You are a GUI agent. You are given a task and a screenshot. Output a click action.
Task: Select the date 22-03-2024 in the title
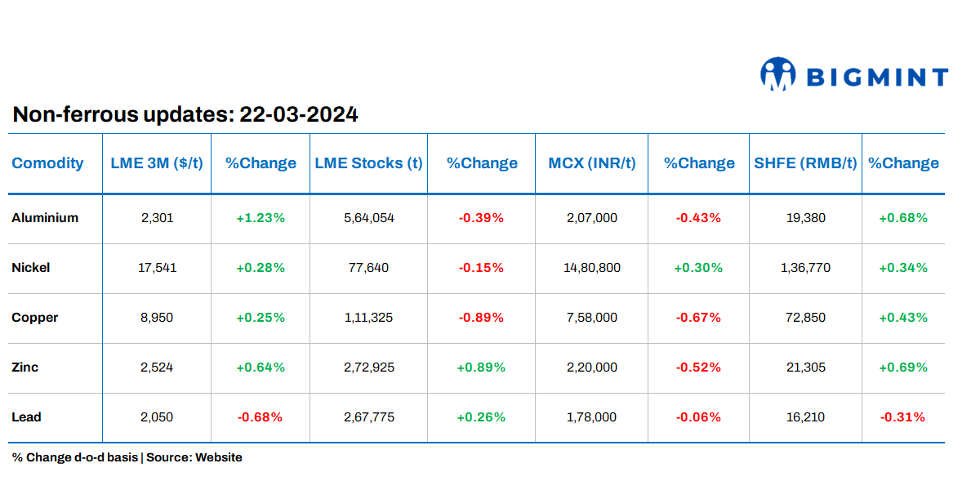point(298,115)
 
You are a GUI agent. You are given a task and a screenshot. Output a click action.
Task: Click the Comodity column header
point(47,163)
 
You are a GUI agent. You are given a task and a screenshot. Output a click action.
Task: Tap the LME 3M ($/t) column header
point(157,163)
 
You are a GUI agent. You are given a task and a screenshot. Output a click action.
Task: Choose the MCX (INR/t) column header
point(591,163)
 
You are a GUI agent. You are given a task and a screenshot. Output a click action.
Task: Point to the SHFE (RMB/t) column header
point(805,163)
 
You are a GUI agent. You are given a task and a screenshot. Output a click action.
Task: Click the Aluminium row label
point(45,218)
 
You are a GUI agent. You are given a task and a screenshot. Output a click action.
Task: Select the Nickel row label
point(31,268)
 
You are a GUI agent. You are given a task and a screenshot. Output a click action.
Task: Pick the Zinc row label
point(25,367)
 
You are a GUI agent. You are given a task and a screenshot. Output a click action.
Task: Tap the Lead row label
point(26,417)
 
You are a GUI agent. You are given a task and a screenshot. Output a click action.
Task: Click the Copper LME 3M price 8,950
point(157,318)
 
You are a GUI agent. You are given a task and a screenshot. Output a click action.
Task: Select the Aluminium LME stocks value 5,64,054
point(369,218)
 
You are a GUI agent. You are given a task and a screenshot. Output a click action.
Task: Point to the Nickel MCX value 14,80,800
point(591,268)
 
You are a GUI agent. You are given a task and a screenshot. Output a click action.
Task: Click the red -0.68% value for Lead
point(260,417)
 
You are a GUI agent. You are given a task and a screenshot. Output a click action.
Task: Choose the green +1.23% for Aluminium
point(261,218)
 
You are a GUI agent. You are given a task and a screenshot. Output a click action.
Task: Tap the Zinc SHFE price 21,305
point(805,367)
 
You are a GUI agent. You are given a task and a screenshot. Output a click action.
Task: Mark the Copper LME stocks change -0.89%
point(481,318)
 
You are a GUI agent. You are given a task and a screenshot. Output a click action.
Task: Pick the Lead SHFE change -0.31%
point(902,417)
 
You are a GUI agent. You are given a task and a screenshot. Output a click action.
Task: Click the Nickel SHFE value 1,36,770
point(805,268)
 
